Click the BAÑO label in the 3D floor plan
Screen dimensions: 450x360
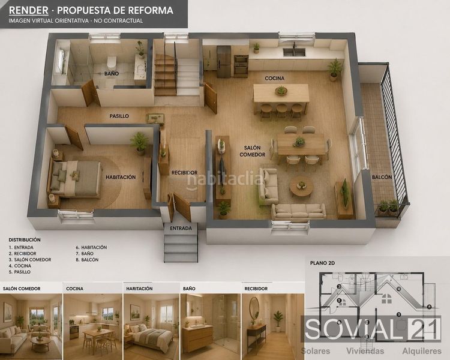pyautogui.click(x=112, y=74)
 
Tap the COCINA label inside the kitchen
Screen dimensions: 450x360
pyautogui.click(x=275, y=78)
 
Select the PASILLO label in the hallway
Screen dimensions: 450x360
pyautogui.click(x=119, y=116)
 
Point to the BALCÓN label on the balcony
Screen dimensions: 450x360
pyautogui.click(x=382, y=177)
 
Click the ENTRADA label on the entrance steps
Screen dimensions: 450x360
pyautogui.click(x=181, y=228)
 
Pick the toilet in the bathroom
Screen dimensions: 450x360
pyautogui.click(x=112, y=61)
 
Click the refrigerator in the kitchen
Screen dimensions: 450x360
pyautogui.click(x=224, y=62)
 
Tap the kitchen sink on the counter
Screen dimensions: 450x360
pyautogui.click(x=294, y=52)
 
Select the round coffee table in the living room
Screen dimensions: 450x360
pyautogui.click(x=301, y=187)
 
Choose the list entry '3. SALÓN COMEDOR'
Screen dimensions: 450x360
pyautogui.click(x=30, y=260)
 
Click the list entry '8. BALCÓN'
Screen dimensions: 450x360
pyautogui.click(x=87, y=260)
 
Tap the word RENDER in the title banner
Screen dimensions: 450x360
pyautogui.click(x=29, y=10)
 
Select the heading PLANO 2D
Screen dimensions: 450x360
pyautogui.click(x=323, y=263)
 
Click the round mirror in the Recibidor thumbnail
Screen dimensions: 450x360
pyautogui.click(x=254, y=307)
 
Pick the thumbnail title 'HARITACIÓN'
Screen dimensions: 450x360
pyautogui.click(x=139, y=289)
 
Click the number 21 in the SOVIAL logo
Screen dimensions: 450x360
pyautogui.click(x=424, y=329)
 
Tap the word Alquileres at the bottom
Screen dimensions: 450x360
pyautogui.click(x=422, y=351)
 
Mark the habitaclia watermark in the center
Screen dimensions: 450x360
pyautogui.click(x=224, y=180)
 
